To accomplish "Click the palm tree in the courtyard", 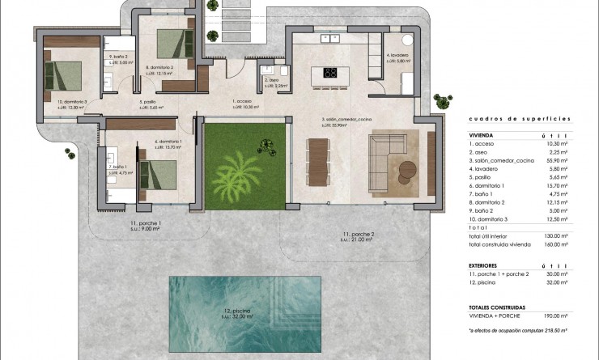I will tap(236, 173).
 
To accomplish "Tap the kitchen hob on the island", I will tap(331, 72).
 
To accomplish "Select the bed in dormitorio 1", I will tap(159, 173).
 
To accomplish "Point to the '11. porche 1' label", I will tap(146, 224).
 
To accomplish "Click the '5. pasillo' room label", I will tap(150, 103).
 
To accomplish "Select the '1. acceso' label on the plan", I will tap(244, 103).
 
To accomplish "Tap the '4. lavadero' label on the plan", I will tap(397, 57).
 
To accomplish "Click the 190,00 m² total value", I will tap(556, 317).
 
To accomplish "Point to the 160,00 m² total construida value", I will tap(556, 244).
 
